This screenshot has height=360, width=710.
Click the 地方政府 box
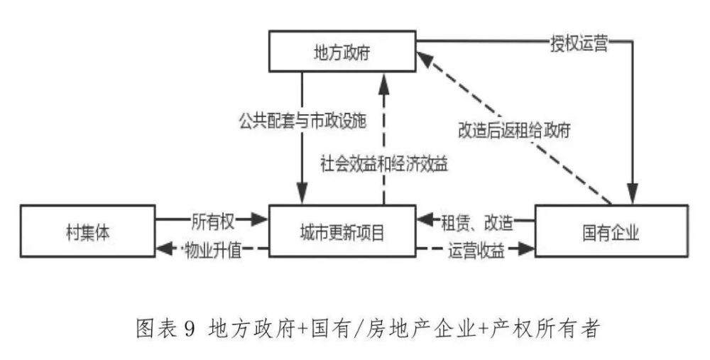(x=342, y=51)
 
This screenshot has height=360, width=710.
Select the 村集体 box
(x=88, y=231)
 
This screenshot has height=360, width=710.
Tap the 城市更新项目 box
(x=342, y=231)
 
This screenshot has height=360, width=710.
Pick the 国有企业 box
(x=611, y=231)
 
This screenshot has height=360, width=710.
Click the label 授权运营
(x=579, y=43)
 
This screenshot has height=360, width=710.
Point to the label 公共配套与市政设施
(x=302, y=121)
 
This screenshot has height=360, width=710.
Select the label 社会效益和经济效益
(x=384, y=163)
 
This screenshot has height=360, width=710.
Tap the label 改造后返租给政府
(x=514, y=131)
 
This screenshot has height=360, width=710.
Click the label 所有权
(x=213, y=221)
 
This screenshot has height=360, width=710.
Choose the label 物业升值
(x=213, y=249)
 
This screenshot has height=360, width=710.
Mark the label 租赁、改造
(x=477, y=222)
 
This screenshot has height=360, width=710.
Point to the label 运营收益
(x=476, y=249)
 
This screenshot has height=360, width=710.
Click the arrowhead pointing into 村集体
(x=165, y=249)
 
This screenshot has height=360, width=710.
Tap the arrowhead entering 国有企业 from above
(x=633, y=195)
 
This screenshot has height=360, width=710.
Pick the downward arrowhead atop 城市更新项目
(x=302, y=195)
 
